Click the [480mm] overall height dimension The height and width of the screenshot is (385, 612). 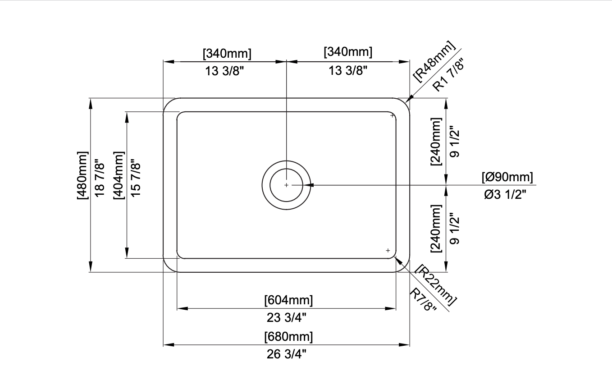pos(83,175)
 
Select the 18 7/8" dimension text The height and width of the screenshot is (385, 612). pos(100,179)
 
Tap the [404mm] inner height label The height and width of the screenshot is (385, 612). pos(119,175)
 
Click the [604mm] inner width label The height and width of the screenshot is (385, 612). pos(288,300)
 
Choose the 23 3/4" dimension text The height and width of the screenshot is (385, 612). pos(287,317)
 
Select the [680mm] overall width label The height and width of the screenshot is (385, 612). pos(288,337)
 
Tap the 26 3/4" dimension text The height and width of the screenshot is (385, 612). pos(287,354)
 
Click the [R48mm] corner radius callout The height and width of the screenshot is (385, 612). pos(434,61)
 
